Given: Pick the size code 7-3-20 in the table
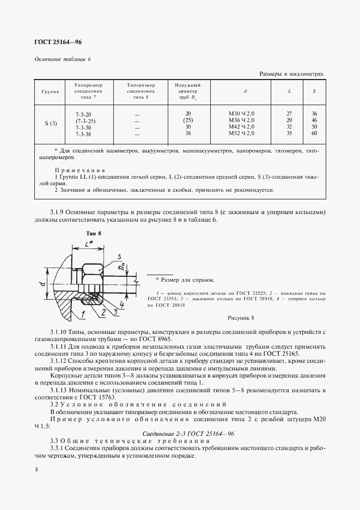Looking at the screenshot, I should pos(84,113).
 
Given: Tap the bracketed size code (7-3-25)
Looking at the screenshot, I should pos(86,120).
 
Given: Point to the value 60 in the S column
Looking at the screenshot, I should pos(314,133).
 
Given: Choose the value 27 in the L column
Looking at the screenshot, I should pos(289,113).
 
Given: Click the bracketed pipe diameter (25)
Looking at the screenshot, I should pos(188,120).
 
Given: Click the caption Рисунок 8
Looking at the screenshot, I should pos(240,317).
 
